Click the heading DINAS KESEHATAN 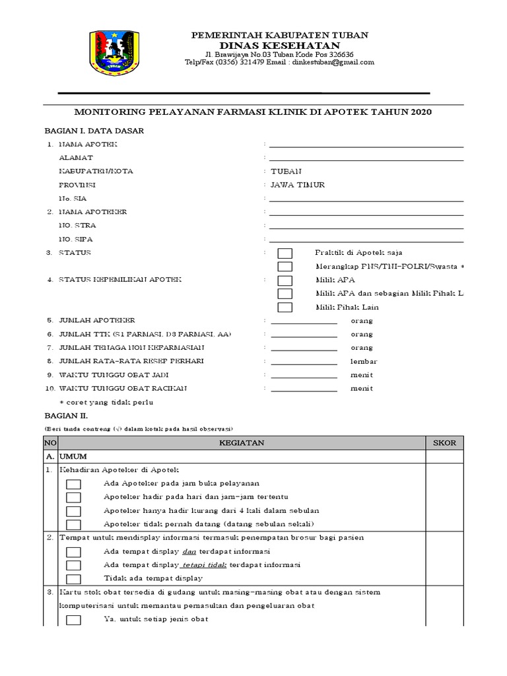279,44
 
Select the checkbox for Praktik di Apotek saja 285,253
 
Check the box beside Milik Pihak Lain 285,307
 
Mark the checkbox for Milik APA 285,280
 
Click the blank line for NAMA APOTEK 366,145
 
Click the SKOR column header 444,443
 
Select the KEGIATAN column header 242,443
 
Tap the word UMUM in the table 74,456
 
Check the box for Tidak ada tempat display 73,578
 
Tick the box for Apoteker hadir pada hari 73,497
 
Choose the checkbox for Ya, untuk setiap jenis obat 73,619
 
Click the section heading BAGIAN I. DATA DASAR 94,131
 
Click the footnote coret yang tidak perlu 109,402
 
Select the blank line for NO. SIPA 366,240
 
